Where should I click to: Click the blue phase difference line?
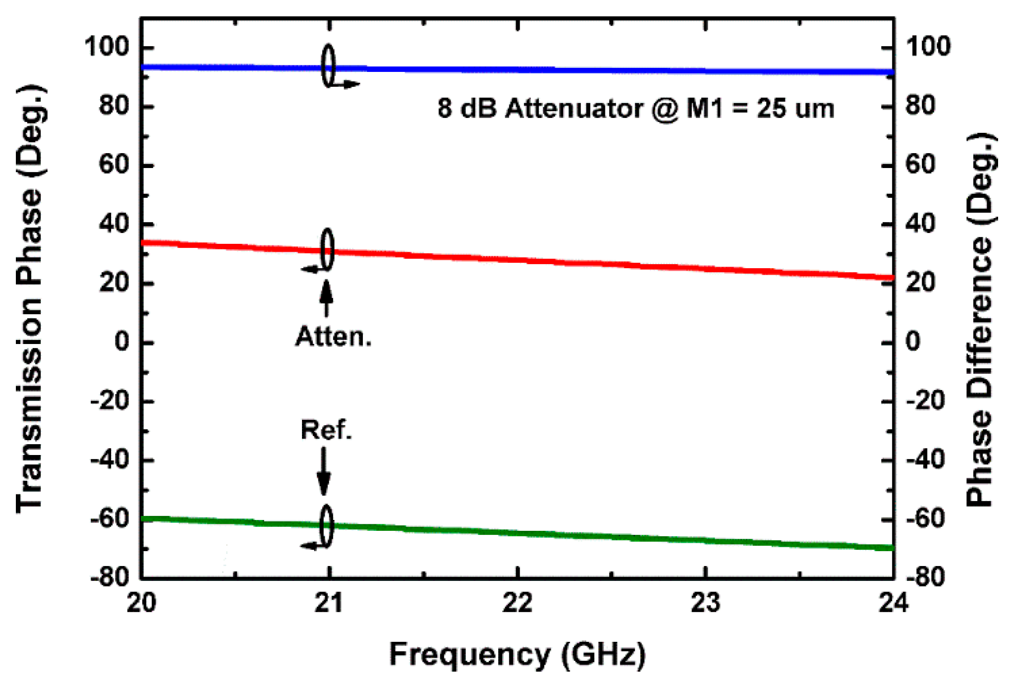pyautogui.click(x=595, y=70)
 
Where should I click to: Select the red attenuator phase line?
pyautogui.click(x=595, y=263)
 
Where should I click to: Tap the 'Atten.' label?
pyautogui.click(x=333, y=337)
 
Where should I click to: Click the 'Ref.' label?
pyautogui.click(x=326, y=430)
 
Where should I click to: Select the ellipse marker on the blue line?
pyautogui.click(x=328, y=65)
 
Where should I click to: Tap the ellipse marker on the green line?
pyautogui.click(x=326, y=525)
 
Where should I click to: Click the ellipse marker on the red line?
pyautogui.click(x=327, y=249)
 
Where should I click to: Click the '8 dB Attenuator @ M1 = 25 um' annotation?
pyautogui.click(x=636, y=108)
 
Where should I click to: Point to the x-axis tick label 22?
pyautogui.click(x=517, y=603)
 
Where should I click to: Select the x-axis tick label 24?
pyautogui.click(x=893, y=603)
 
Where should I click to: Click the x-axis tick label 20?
pyautogui.click(x=141, y=603)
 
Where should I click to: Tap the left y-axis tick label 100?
pyautogui.click(x=106, y=47)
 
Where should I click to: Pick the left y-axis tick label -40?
pyautogui.click(x=110, y=460)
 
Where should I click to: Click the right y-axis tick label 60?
pyautogui.click(x=920, y=165)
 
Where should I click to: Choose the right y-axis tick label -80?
pyautogui.click(x=925, y=577)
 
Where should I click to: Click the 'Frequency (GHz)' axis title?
pyautogui.click(x=517, y=654)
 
